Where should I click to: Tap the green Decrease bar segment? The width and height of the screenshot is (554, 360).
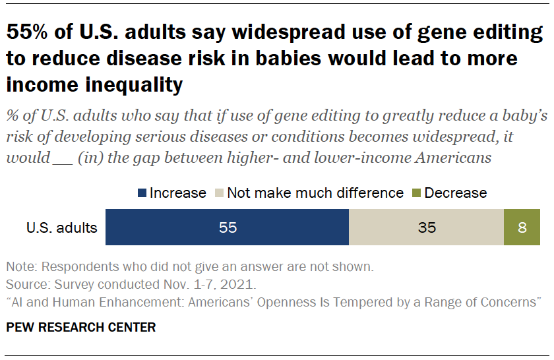point(522,228)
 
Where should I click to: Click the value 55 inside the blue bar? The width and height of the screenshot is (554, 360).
point(227,228)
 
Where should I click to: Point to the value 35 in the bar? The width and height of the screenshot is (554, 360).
point(426,228)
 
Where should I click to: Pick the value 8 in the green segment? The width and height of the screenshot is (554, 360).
point(522,228)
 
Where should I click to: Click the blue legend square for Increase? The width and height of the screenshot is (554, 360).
point(142,193)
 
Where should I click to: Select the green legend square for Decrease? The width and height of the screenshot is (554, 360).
point(416,193)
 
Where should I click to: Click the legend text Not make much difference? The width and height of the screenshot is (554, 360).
point(315,193)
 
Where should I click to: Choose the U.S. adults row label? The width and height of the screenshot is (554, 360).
point(62,228)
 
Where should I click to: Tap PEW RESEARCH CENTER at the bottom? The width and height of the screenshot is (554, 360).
point(81,327)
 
